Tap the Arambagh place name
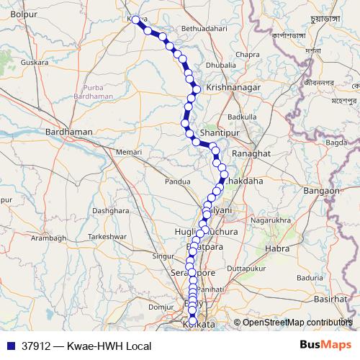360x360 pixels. click(x=48, y=238)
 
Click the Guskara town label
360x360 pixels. click(x=35, y=63)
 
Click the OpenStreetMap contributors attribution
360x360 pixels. click(x=297, y=323)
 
